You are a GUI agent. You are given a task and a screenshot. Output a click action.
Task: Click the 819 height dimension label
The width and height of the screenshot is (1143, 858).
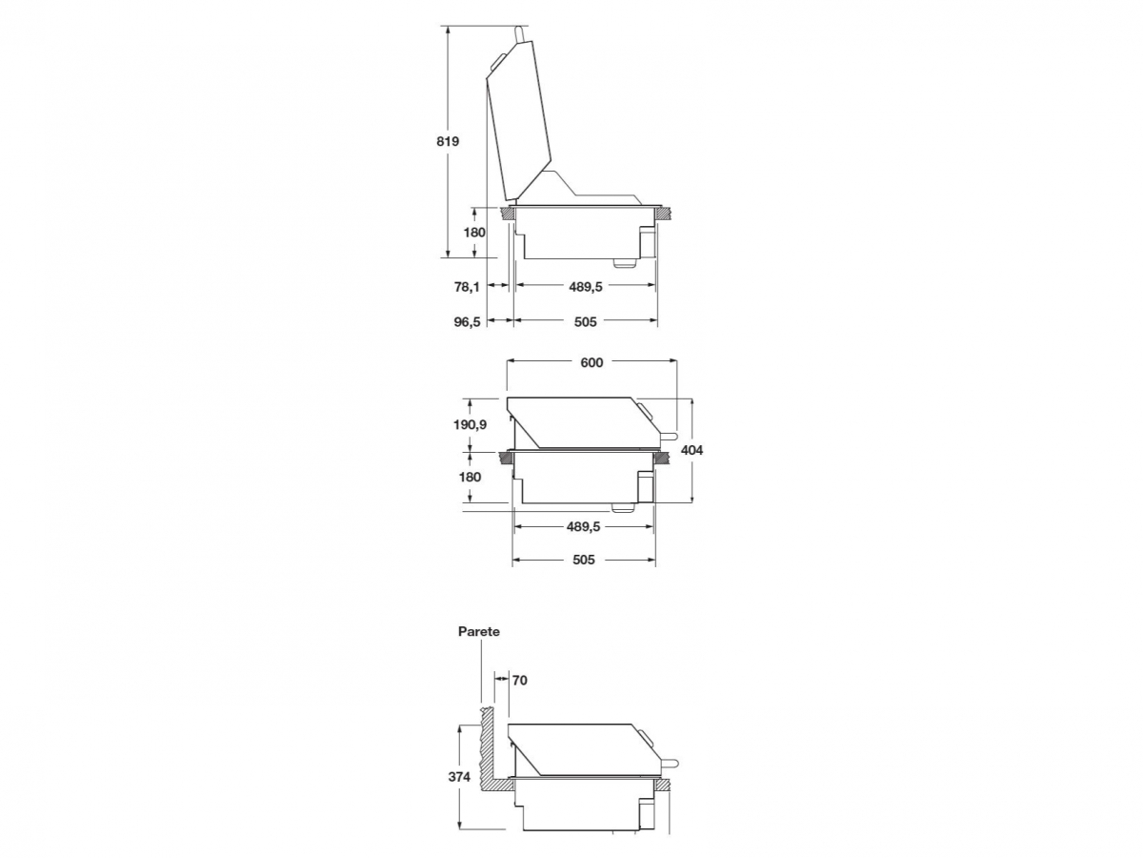tap(448, 141)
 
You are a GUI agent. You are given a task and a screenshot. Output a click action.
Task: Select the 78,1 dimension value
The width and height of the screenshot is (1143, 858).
tap(467, 286)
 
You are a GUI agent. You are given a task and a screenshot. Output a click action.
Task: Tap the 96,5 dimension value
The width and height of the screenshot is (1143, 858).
tap(467, 322)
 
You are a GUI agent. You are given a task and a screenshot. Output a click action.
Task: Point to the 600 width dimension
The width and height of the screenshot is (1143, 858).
tap(592, 362)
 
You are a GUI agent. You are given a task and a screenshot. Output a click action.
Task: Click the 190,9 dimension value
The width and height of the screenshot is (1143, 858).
tap(470, 424)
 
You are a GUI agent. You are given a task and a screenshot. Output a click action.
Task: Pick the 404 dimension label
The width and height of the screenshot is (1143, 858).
tap(692, 450)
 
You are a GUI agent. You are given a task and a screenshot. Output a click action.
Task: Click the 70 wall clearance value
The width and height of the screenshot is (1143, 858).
tap(519, 681)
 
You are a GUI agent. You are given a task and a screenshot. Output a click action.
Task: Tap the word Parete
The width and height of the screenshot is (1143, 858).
tap(478, 631)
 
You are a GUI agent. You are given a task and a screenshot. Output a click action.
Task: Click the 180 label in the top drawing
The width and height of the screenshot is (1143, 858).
tap(474, 233)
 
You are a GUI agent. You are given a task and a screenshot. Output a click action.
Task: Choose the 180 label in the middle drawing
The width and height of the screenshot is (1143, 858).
tap(470, 478)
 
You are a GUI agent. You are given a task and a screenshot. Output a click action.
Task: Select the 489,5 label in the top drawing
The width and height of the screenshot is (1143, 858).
tap(585, 286)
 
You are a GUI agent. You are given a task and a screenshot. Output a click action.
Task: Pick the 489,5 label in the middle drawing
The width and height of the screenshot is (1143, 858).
tap(583, 526)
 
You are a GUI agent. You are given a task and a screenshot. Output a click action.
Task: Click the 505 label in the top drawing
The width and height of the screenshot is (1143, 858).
tap(585, 322)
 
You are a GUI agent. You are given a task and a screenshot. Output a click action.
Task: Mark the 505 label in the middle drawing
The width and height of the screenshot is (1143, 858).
tap(583, 560)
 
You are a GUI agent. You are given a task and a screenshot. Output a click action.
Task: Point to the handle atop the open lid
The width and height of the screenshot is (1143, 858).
tap(520, 35)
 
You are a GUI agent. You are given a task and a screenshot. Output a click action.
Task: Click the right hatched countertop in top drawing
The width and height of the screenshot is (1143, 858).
tap(664, 213)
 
